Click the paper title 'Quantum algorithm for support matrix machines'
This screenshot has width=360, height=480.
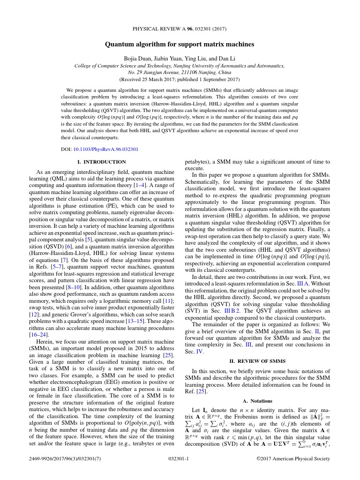[180, 45]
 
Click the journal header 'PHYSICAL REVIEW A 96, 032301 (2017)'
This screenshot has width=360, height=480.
[180, 29]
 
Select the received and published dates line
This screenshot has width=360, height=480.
[180, 79]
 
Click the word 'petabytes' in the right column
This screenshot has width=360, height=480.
[198, 162]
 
